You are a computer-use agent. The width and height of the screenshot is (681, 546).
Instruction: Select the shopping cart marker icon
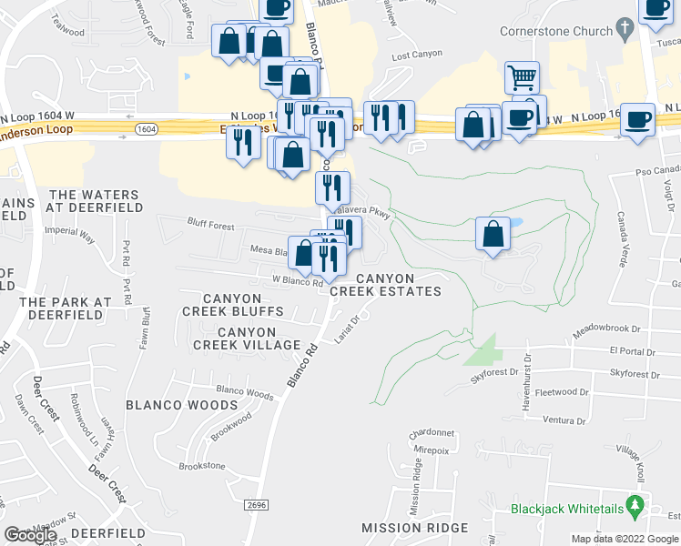pyautogui.click(x=522, y=76)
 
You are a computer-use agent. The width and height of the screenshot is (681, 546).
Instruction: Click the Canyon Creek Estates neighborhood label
pyautogui.click(x=385, y=285)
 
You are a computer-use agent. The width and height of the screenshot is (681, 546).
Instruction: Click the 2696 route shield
pyautogui.click(x=256, y=503)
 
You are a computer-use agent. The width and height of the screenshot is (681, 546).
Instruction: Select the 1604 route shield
pyautogui.click(x=145, y=129)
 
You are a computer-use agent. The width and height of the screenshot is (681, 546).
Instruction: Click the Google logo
pyautogui.click(x=31, y=535)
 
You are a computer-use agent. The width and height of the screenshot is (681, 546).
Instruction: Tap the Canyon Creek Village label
pyautogui.click(x=247, y=338)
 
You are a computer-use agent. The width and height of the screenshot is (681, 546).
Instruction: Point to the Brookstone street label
pyautogui.click(x=201, y=466)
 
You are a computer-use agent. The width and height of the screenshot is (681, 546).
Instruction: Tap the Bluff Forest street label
pyautogui.click(x=211, y=226)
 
